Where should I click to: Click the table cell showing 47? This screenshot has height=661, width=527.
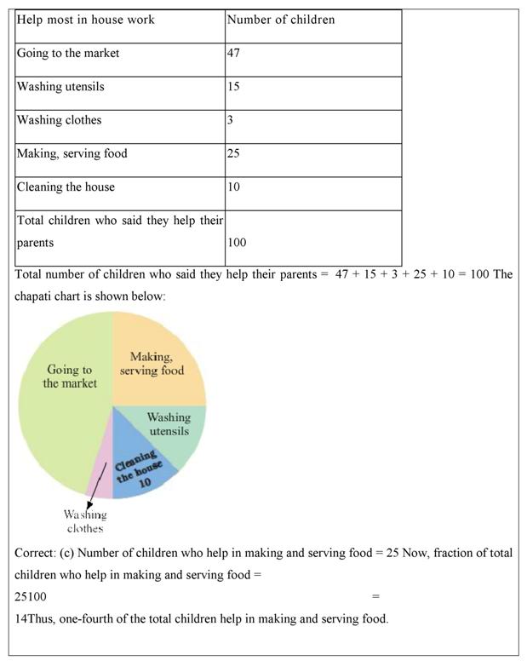[233, 54]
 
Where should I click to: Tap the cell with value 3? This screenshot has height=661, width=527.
[230, 120]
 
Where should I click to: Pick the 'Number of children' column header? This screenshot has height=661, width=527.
[280, 20]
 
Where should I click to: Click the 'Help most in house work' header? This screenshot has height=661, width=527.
[85, 20]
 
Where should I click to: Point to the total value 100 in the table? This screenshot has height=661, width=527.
[237, 243]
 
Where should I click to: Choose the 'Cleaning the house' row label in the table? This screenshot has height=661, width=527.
[66, 187]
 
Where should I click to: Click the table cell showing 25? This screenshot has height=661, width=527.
[233, 154]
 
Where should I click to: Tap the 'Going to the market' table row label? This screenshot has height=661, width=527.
[68, 54]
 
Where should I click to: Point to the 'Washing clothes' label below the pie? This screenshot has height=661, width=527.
[85, 521]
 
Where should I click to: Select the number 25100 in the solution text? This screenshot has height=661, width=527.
[31, 597]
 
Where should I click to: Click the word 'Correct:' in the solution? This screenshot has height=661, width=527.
[35, 553]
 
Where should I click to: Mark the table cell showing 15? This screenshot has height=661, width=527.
[233, 87]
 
